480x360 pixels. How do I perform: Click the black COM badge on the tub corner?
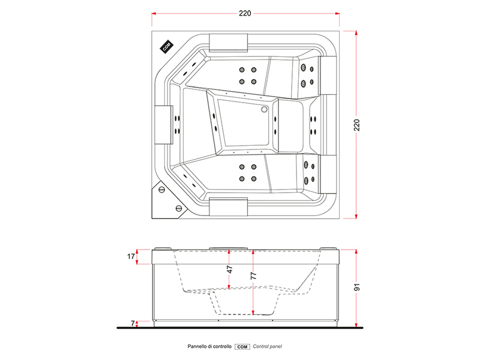pyautogui.click(x=166, y=47)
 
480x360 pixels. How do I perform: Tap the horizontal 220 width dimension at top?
pyautogui.click(x=245, y=13)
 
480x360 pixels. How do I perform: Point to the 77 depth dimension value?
pyautogui.click(x=254, y=275)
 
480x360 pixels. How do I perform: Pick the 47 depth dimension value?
pyautogui.click(x=230, y=270)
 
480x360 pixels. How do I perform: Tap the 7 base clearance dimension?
pyautogui.click(x=133, y=323)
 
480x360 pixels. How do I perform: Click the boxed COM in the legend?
pyautogui.click(x=242, y=347)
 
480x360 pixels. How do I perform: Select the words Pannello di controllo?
pyautogui.click(x=209, y=347)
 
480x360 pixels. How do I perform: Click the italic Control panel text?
pyautogui.click(x=268, y=347)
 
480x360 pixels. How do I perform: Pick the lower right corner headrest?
pyautogui.click(x=329, y=173)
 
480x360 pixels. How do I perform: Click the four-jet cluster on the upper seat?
pyautogui.click(x=248, y=75)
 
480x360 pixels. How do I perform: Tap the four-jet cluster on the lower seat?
pyautogui.click(x=248, y=173)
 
